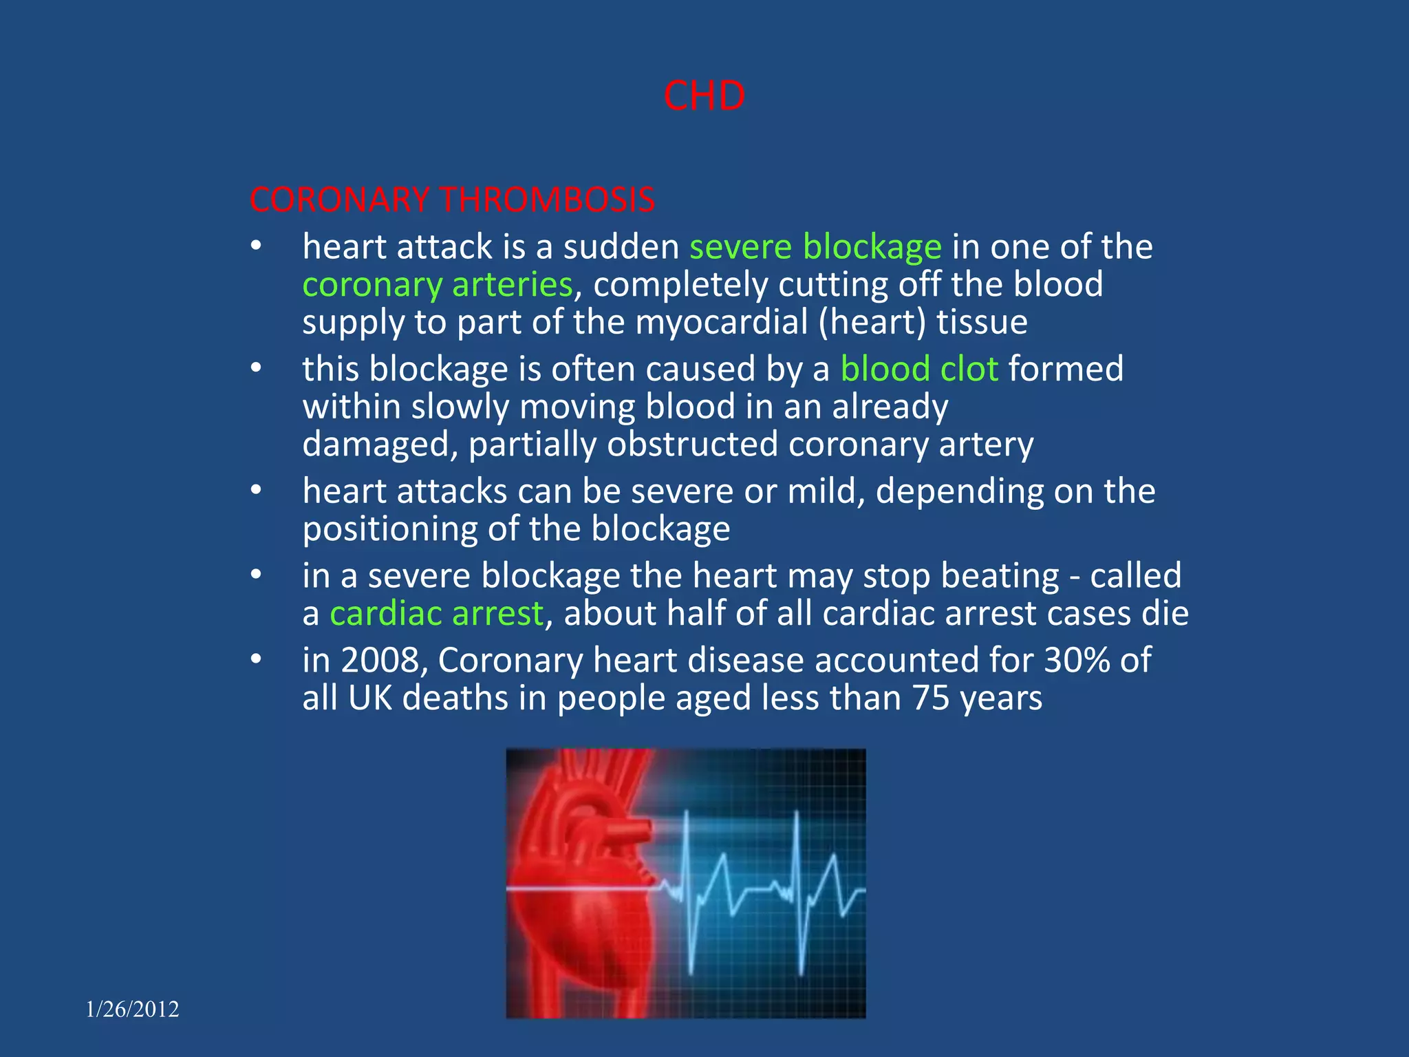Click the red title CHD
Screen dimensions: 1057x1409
[704, 96]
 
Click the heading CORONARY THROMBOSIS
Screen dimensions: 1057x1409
[452, 200]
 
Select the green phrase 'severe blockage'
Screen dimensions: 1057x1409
[815, 247]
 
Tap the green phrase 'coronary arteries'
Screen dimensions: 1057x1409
[438, 285]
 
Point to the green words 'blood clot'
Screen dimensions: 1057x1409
[919, 369]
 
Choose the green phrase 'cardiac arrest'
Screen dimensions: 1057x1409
[437, 613]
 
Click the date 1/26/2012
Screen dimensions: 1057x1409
[132, 1009]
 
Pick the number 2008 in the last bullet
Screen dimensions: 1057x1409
[380, 660]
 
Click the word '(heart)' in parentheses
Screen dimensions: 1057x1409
[872, 322]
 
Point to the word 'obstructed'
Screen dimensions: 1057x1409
[692, 445]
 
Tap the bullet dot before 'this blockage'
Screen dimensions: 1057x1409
[256, 369]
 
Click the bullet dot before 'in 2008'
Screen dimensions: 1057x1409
[256, 660]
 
